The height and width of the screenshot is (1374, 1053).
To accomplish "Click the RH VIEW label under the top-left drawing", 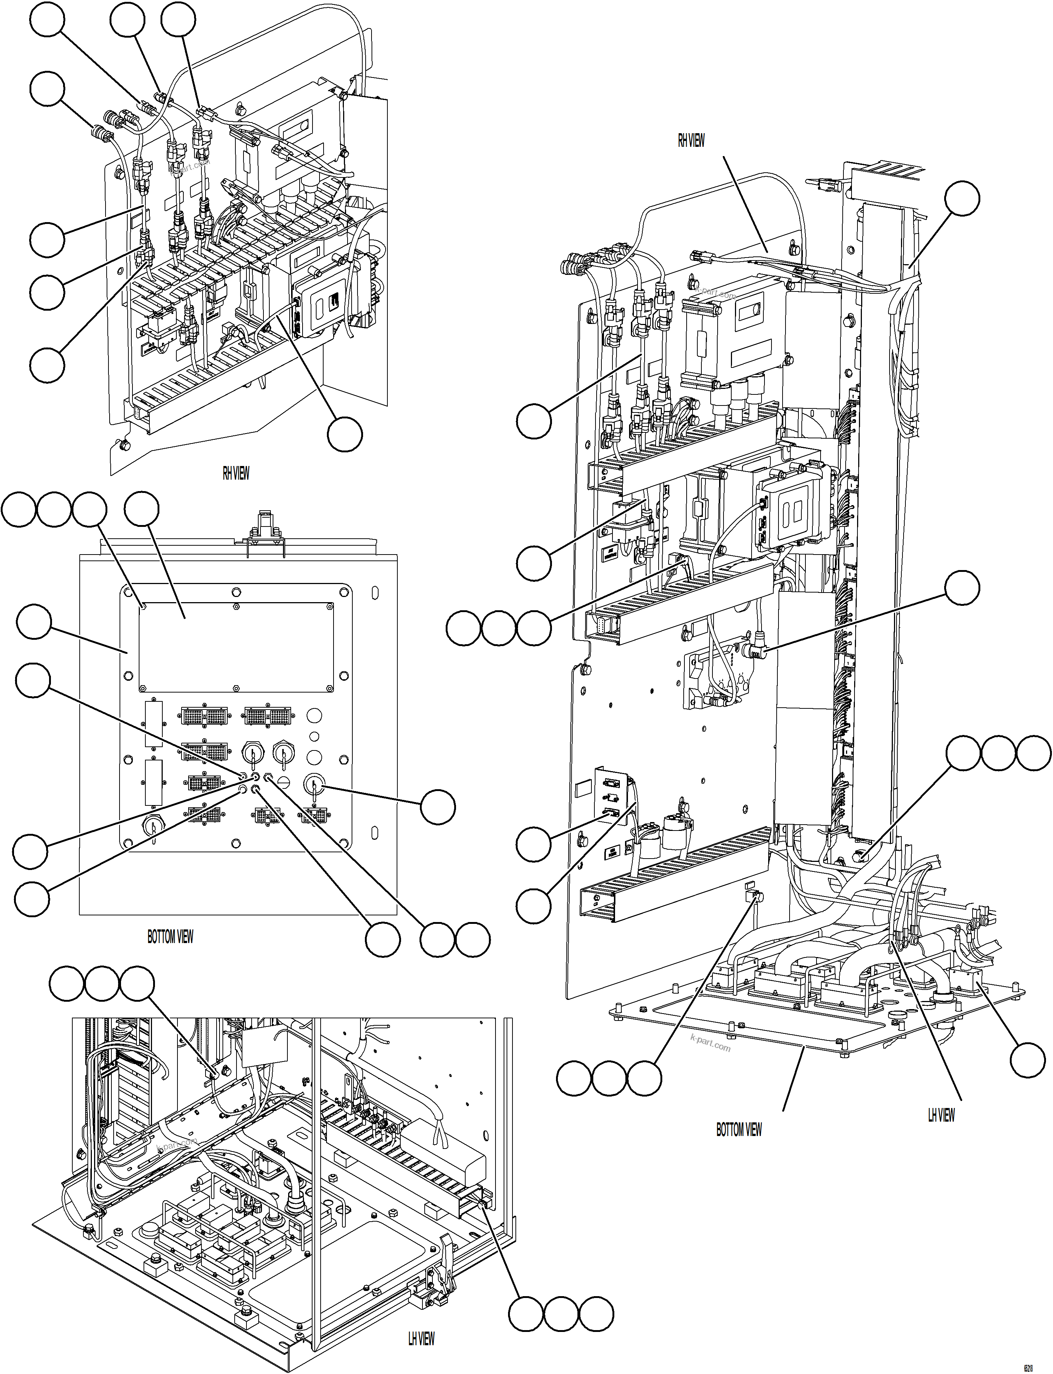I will click(x=236, y=473).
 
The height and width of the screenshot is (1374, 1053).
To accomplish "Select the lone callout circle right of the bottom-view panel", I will click(x=438, y=807).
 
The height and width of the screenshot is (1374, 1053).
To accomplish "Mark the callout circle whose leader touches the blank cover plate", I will click(x=142, y=509).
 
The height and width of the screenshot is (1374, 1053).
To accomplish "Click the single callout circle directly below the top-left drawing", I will click(x=345, y=434).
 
